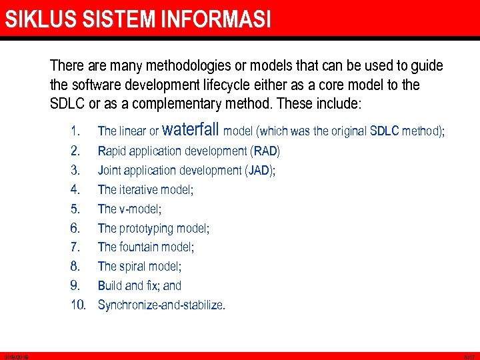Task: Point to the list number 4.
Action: tap(75, 190)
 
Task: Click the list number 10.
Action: tap(79, 305)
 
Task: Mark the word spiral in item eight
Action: tap(135, 267)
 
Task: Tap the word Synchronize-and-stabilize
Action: tap(161, 305)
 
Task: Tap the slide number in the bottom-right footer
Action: tap(469, 357)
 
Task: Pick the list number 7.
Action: tap(75, 247)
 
